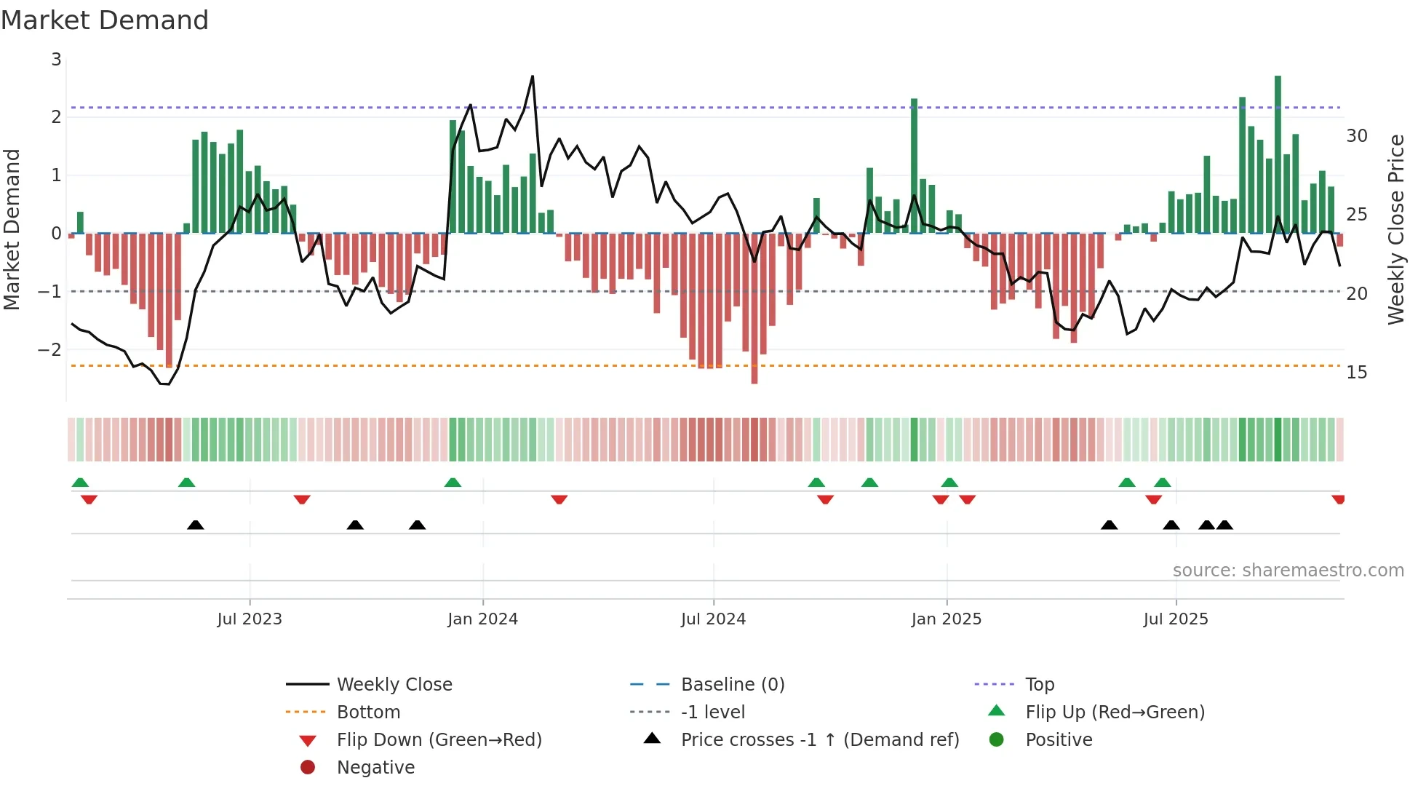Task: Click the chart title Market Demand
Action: pos(105,20)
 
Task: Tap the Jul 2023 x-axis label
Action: pos(250,619)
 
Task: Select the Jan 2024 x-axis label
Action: pos(482,619)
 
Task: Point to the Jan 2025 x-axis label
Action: pos(946,619)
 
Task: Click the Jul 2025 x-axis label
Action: pos(1175,619)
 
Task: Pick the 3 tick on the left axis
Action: pos(56,60)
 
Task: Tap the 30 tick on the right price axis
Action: pos(1356,136)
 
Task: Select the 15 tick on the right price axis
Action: pos(1356,373)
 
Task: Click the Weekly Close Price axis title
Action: pos(1395,229)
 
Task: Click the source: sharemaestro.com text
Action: pos(1288,571)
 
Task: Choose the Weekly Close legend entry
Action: pos(394,685)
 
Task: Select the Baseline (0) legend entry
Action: pos(732,685)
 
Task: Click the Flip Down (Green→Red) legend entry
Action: pos(439,740)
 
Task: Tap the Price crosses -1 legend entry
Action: pos(819,740)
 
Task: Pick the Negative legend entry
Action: pos(375,768)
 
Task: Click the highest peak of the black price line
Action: pos(533,76)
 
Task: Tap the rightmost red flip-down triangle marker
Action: pos(1338,499)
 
